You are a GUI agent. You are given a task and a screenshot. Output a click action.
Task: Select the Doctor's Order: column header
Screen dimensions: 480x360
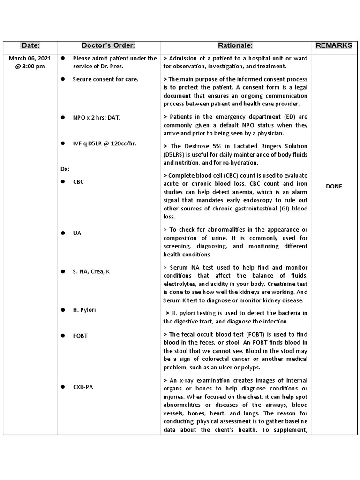click(x=108, y=45)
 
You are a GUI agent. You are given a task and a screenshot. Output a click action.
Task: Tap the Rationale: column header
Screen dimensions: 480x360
click(x=235, y=45)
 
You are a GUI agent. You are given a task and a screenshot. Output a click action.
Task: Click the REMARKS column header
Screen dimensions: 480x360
click(x=334, y=45)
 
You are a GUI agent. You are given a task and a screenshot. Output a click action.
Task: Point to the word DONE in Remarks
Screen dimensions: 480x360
click(x=334, y=186)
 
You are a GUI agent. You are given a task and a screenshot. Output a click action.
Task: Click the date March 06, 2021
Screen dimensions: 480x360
click(x=30, y=58)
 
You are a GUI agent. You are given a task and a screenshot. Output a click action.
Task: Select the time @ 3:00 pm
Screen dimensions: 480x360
click(x=30, y=66)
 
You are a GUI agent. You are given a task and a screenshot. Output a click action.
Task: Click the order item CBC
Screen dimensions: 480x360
click(x=78, y=182)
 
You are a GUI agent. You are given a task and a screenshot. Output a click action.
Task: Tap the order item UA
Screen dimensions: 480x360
click(x=77, y=233)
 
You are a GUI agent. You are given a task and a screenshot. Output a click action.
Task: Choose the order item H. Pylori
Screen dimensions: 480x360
click(x=84, y=310)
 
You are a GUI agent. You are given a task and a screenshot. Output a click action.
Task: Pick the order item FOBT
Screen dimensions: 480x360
click(x=80, y=336)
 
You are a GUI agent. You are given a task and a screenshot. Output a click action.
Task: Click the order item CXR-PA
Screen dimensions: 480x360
click(x=82, y=387)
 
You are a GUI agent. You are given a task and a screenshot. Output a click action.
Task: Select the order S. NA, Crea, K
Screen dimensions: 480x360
click(x=91, y=271)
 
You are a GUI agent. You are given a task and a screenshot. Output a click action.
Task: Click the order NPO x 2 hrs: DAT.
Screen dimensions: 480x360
click(x=97, y=118)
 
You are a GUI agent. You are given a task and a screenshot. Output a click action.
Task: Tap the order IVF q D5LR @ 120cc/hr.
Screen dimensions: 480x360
click(x=105, y=143)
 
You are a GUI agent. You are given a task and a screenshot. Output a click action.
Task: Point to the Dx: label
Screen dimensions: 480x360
click(x=65, y=169)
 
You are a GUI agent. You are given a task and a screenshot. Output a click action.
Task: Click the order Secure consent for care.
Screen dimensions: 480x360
click(x=105, y=79)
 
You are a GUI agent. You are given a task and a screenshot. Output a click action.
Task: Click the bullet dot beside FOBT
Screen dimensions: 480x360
click(x=63, y=336)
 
